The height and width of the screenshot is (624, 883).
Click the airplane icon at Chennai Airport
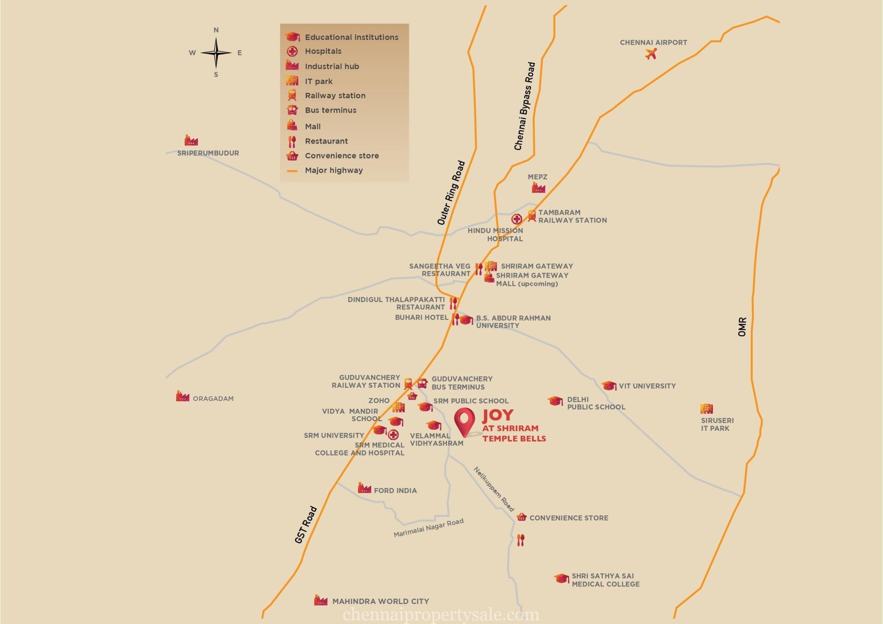click(x=651, y=54)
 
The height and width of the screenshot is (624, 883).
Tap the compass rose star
click(x=216, y=53)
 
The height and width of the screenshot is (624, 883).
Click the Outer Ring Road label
click(x=451, y=193)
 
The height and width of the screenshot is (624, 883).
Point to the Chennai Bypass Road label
click(x=524, y=106)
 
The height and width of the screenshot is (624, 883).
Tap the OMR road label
click(x=742, y=327)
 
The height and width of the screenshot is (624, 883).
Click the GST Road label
click(x=306, y=525)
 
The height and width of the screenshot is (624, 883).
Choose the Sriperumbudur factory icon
click(x=191, y=140)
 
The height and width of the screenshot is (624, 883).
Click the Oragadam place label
click(x=213, y=398)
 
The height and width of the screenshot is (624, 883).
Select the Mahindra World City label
click(x=380, y=601)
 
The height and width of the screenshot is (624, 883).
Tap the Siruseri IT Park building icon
click(x=706, y=409)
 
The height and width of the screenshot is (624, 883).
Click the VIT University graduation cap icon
click(x=609, y=386)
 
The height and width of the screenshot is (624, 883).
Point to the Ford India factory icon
click(x=364, y=488)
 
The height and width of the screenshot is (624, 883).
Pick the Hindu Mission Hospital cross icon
click(x=517, y=220)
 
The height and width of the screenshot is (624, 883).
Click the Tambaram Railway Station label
click(x=572, y=216)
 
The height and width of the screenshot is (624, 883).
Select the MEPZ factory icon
click(x=538, y=188)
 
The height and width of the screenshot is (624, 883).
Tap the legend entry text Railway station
click(x=335, y=95)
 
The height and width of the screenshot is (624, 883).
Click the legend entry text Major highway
click(x=334, y=170)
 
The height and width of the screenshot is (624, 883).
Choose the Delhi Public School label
click(x=596, y=403)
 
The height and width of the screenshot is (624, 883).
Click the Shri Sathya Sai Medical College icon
click(x=561, y=578)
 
